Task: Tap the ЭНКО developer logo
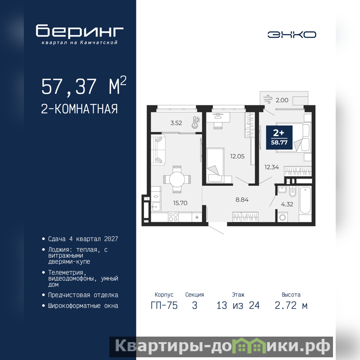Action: [x=292, y=35]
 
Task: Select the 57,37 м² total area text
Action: [x=84, y=85]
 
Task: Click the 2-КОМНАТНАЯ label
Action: [x=79, y=109]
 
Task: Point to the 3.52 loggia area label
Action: [x=176, y=123]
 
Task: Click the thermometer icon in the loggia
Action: [x=196, y=122]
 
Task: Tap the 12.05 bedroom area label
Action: [x=238, y=156]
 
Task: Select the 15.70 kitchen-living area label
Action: [x=180, y=203]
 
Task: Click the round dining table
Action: [x=177, y=179]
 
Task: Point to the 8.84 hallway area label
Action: [x=242, y=199]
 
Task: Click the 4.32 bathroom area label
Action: [x=287, y=204]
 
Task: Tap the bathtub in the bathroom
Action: [x=305, y=201]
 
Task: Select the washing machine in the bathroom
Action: [x=283, y=217]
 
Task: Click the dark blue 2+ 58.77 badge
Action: [x=279, y=138]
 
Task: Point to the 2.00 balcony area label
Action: [x=282, y=100]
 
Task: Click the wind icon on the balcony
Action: [x=268, y=99]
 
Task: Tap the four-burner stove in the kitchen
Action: [x=173, y=217]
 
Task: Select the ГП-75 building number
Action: [x=164, y=306]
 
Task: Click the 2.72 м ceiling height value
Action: [x=291, y=306]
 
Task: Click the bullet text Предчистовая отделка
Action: [x=83, y=295]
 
